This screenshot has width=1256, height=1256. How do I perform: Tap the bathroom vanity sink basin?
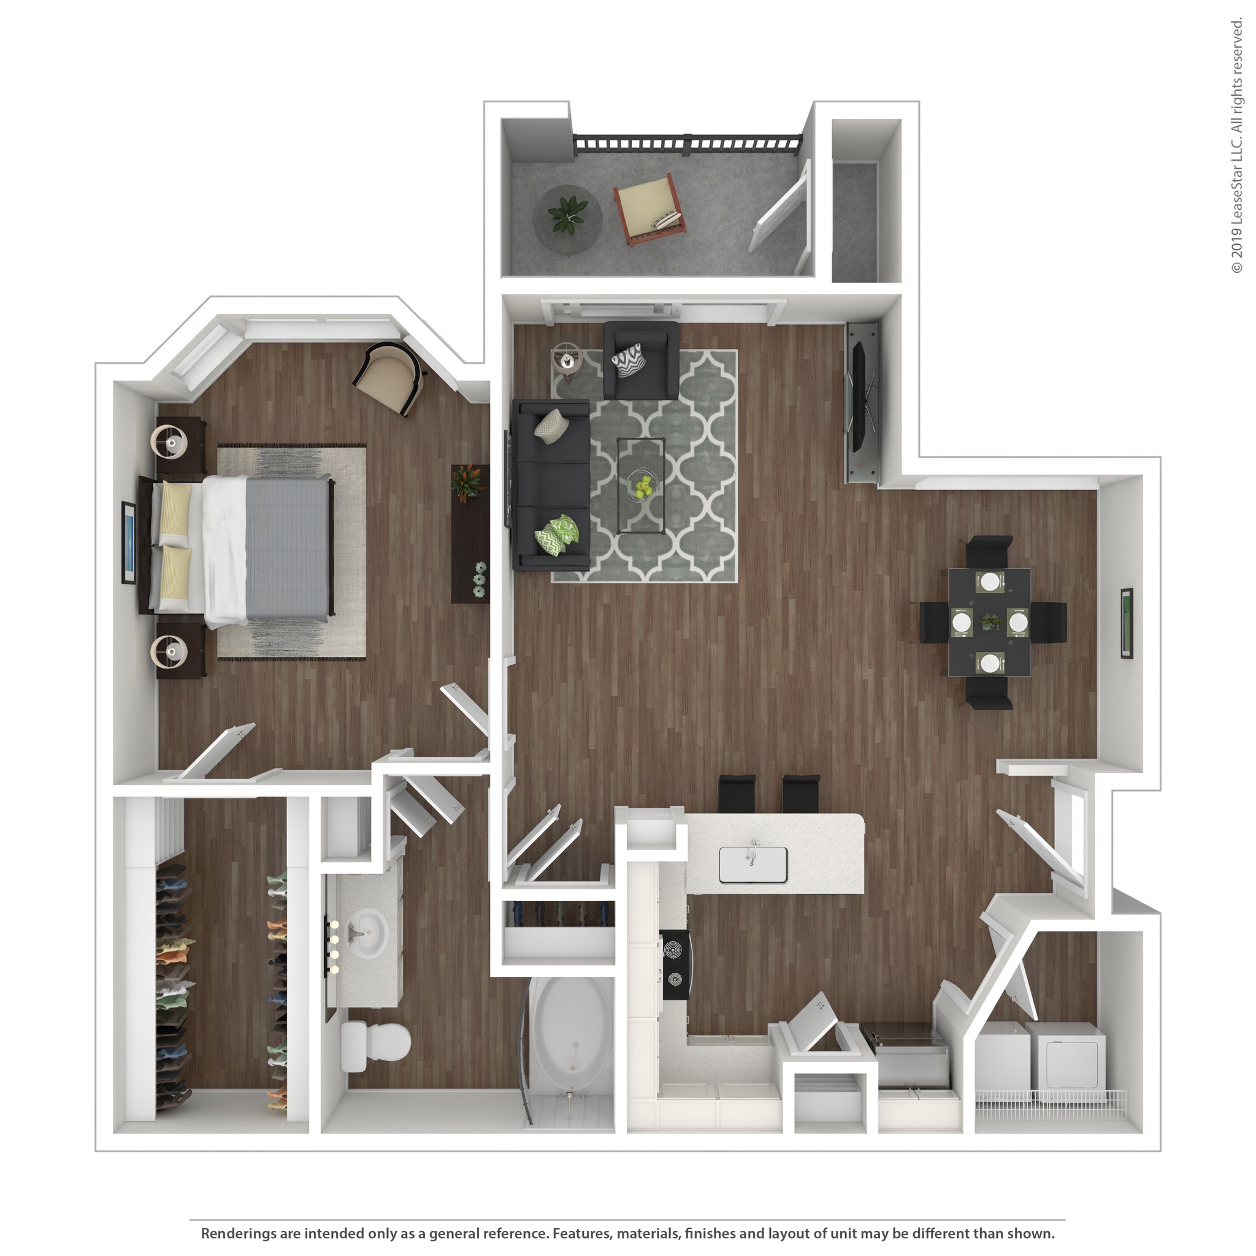[366, 933]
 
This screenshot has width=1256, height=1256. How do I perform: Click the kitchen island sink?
[753, 865]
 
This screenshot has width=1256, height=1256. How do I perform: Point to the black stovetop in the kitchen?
[676, 965]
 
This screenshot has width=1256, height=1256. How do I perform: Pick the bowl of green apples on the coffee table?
[641, 486]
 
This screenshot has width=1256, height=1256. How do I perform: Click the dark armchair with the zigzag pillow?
[640, 361]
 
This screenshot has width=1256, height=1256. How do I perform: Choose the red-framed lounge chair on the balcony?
[649, 207]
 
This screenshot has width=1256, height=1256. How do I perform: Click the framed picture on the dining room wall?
[1127, 623]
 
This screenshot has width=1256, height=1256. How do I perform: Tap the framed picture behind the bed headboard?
[128, 542]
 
